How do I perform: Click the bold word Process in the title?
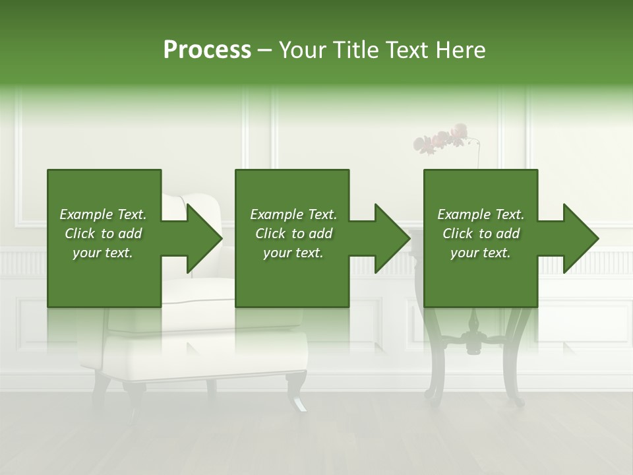207,50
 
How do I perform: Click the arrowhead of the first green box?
204,238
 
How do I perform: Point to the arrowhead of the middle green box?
393,238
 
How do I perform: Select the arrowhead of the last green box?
581,238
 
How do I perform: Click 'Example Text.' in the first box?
103,214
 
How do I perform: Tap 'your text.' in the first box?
103,253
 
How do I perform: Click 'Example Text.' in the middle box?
293,214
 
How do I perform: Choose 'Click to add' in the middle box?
293,234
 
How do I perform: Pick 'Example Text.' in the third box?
481,214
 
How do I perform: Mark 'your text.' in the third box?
481,253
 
